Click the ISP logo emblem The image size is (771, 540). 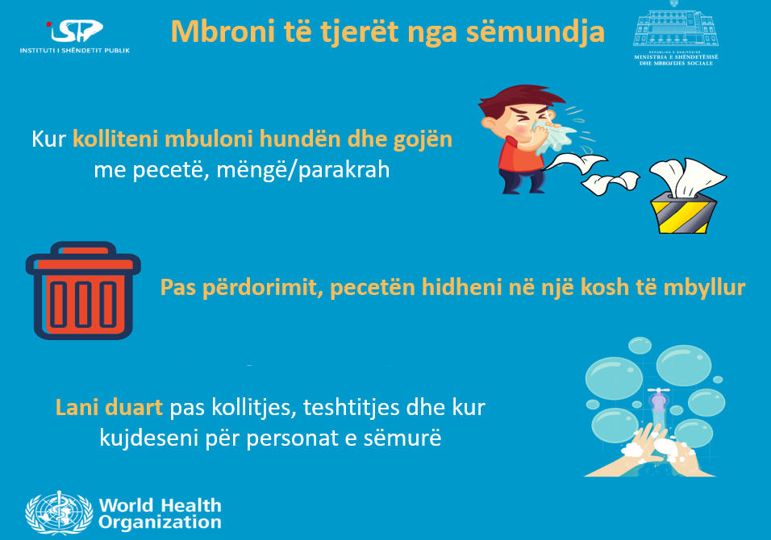(x=75, y=31)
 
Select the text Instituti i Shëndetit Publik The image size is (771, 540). (x=75, y=50)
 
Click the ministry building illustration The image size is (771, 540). (x=676, y=27)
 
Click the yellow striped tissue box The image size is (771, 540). (x=683, y=213)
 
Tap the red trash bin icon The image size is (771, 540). (x=83, y=290)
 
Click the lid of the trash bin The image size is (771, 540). (x=83, y=260)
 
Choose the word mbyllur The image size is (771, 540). (x=704, y=289)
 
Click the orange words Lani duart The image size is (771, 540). (x=109, y=408)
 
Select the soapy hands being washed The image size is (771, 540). (x=649, y=451)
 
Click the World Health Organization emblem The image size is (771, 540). (x=59, y=513)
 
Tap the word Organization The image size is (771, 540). (x=160, y=522)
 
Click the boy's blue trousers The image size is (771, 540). (x=521, y=181)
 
